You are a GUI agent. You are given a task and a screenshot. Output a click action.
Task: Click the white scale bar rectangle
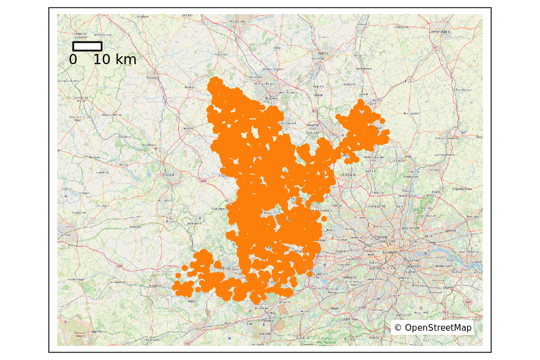(87, 46)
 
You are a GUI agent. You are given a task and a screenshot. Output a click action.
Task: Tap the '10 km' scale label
(115, 60)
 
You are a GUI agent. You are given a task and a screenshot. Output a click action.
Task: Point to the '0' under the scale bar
(73, 60)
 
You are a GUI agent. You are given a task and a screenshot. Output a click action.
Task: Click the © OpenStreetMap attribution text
(433, 327)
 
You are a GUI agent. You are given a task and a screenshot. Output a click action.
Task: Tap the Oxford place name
(168, 175)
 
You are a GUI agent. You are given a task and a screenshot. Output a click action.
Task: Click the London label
(390, 253)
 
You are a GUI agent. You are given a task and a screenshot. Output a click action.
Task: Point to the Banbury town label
(152, 77)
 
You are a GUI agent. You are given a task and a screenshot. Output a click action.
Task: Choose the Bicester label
(188, 128)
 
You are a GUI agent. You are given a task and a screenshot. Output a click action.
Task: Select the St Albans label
(347, 175)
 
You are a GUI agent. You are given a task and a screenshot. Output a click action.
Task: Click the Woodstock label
(148, 145)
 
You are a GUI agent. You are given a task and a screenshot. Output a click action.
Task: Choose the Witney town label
(124, 165)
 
